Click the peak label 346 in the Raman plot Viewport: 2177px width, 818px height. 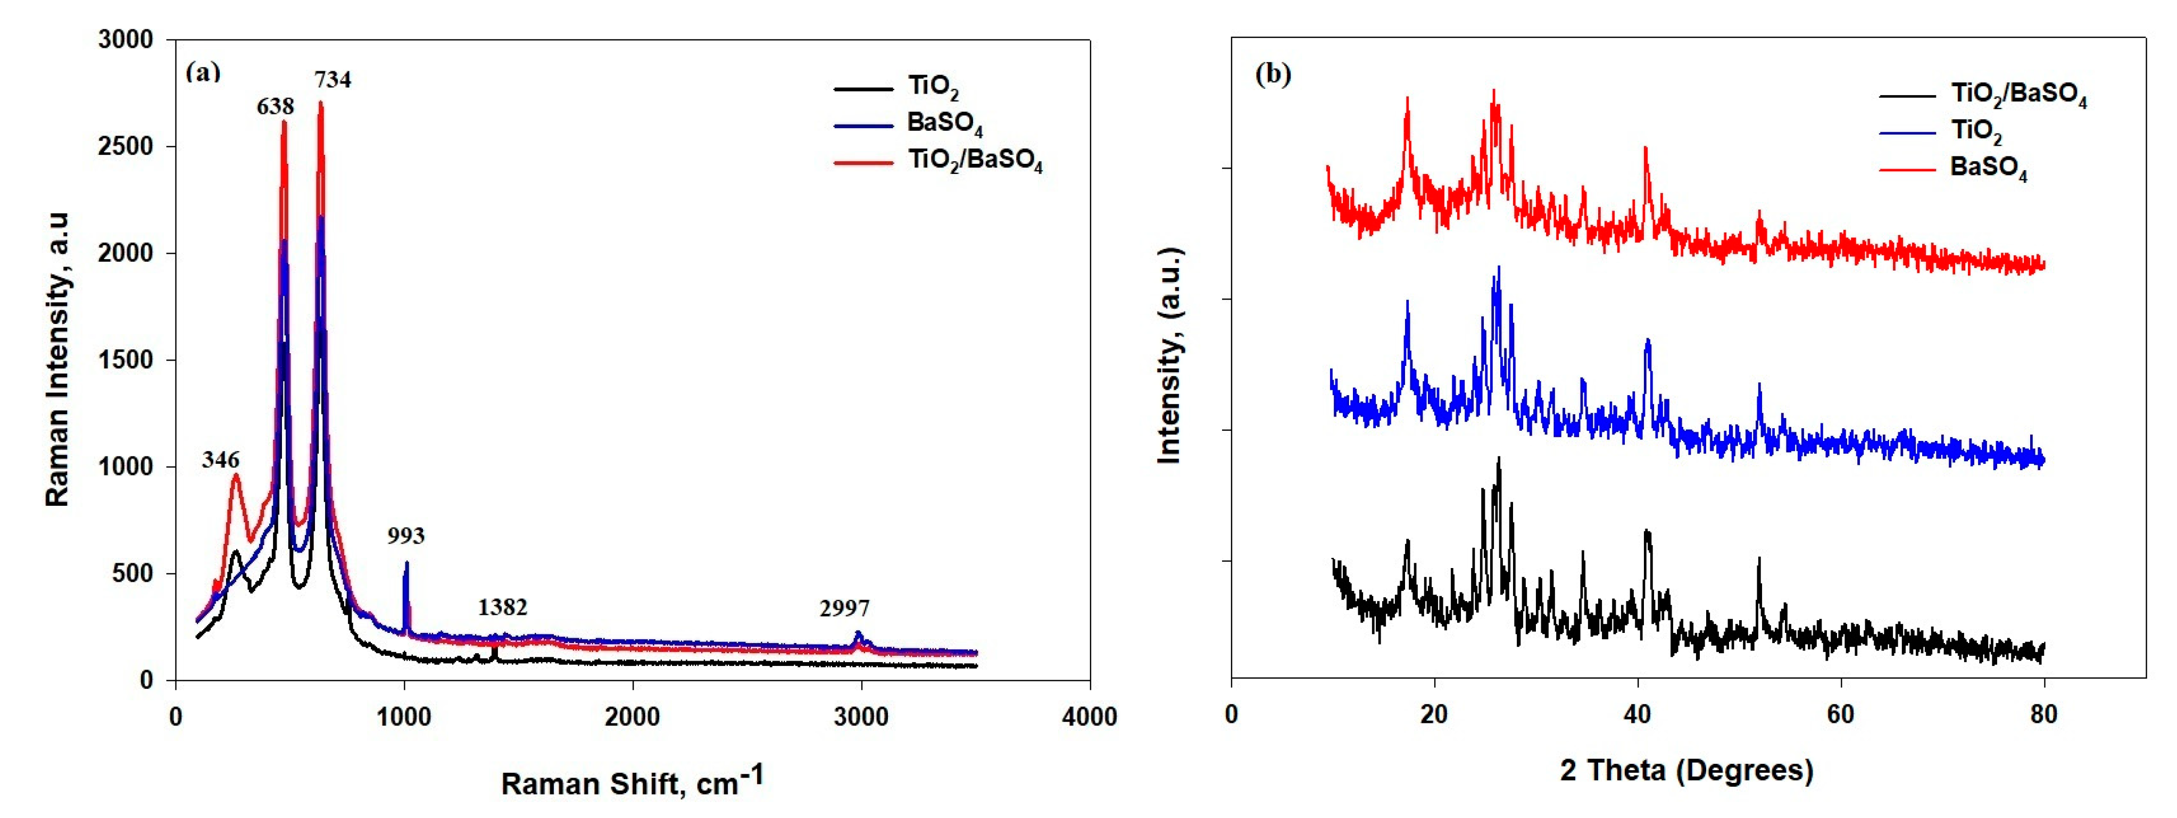point(221,460)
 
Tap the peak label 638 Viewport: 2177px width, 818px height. point(276,106)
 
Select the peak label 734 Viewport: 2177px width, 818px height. point(333,79)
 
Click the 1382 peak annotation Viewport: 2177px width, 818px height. point(502,607)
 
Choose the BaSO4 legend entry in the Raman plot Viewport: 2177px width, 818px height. point(944,123)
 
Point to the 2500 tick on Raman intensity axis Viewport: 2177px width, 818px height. point(126,146)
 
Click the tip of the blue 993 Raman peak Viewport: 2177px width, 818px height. point(406,563)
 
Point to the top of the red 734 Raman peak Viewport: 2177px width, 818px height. point(320,103)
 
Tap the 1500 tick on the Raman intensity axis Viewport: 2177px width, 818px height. point(126,360)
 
